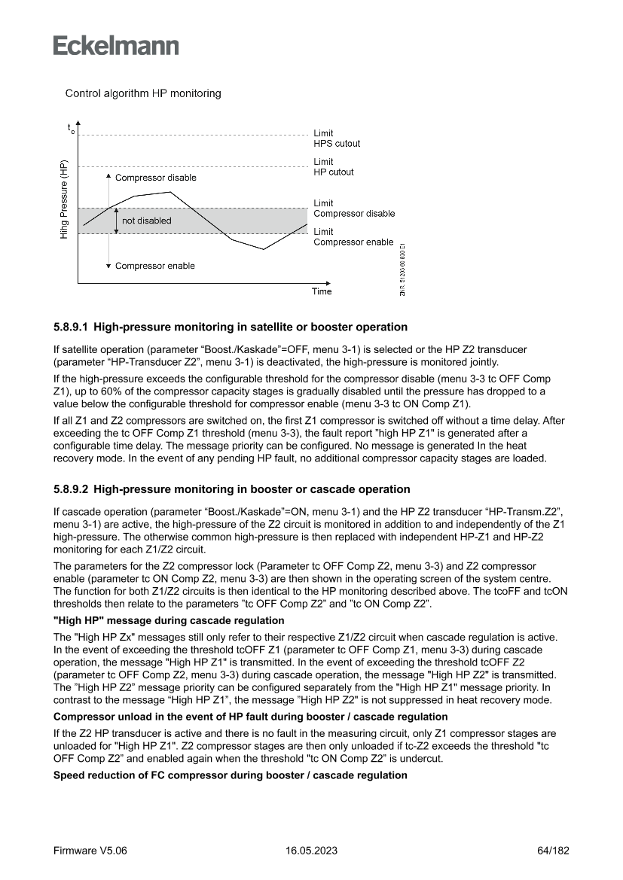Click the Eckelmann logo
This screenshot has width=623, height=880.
[116, 45]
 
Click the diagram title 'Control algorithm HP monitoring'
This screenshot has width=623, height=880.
[143, 94]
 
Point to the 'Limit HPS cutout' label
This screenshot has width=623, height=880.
[337, 139]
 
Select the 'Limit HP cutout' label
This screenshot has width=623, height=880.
[334, 167]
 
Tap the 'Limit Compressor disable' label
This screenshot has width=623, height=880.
[354, 209]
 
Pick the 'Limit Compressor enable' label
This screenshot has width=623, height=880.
[353, 237]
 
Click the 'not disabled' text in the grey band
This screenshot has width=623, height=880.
[147, 221]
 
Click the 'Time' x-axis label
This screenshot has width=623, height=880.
[322, 291]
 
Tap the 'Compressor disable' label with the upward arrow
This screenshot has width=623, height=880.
[155, 178]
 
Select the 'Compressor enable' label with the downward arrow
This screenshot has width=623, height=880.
[154, 266]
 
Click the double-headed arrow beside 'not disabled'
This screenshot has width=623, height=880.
[115, 221]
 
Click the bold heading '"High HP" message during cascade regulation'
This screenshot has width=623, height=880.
[169, 620]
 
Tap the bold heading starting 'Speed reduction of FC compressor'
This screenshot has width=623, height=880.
[231, 775]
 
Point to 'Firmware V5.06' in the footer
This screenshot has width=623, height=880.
[90, 851]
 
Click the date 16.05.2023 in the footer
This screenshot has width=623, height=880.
[311, 851]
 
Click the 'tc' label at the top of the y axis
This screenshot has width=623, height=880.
[71, 129]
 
